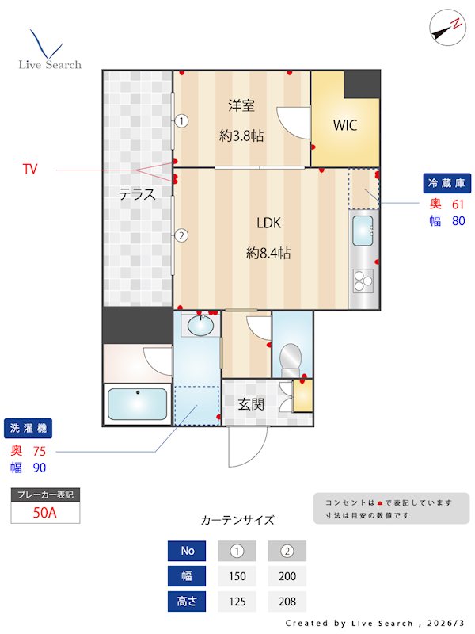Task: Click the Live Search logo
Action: click(x=49, y=51)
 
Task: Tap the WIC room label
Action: click(x=344, y=125)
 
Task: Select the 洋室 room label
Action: click(x=241, y=105)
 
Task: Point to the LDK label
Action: click(x=268, y=223)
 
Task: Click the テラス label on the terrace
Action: click(x=137, y=194)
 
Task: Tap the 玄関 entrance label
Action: click(x=251, y=403)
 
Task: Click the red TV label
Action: click(x=30, y=170)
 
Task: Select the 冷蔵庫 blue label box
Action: click(x=447, y=183)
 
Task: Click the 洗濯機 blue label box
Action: click(x=28, y=429)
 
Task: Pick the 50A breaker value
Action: click(x=45, y=512)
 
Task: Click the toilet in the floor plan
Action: click(x=290, y=358)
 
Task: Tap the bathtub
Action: click(x=137, y=403)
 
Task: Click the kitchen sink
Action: click(x=363, y=231)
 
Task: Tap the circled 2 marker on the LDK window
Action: click(x=181, y=235)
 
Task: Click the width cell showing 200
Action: click(x=287, y=576)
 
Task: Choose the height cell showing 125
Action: click(x=237, y=602)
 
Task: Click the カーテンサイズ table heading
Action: click(x=237, y=521)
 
